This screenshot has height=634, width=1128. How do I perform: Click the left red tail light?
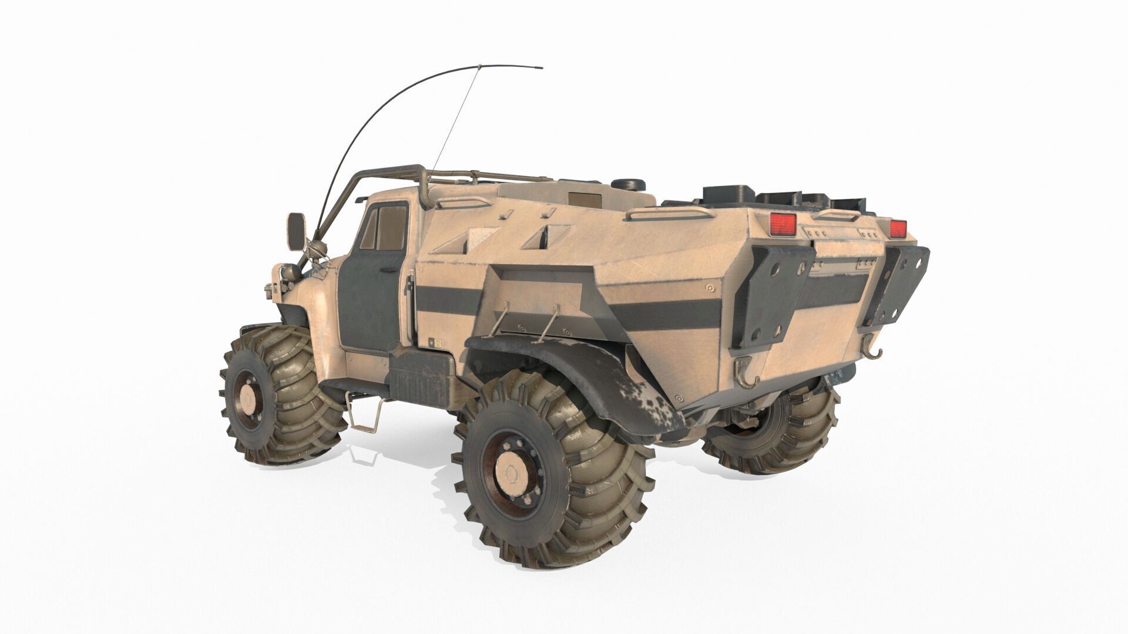(782, 224)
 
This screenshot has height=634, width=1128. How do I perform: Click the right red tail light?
(898, 229)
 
